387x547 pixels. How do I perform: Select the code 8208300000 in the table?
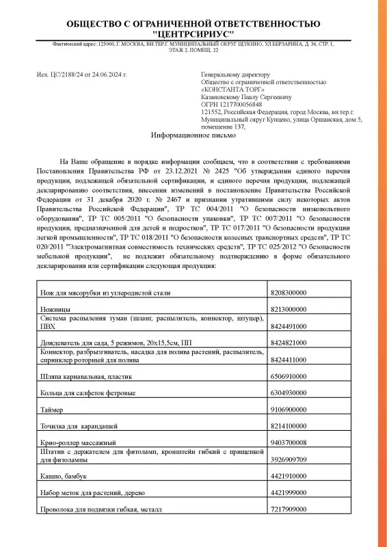289,292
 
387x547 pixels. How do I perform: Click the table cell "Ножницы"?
55,309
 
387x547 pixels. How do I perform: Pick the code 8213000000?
289,309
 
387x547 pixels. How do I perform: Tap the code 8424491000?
289,326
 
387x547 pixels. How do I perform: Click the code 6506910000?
289,376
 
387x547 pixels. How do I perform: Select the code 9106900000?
289,410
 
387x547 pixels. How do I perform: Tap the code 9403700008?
289,442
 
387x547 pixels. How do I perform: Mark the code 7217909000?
289,509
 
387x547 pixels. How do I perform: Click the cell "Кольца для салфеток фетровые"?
85,393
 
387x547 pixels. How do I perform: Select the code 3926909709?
289,459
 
